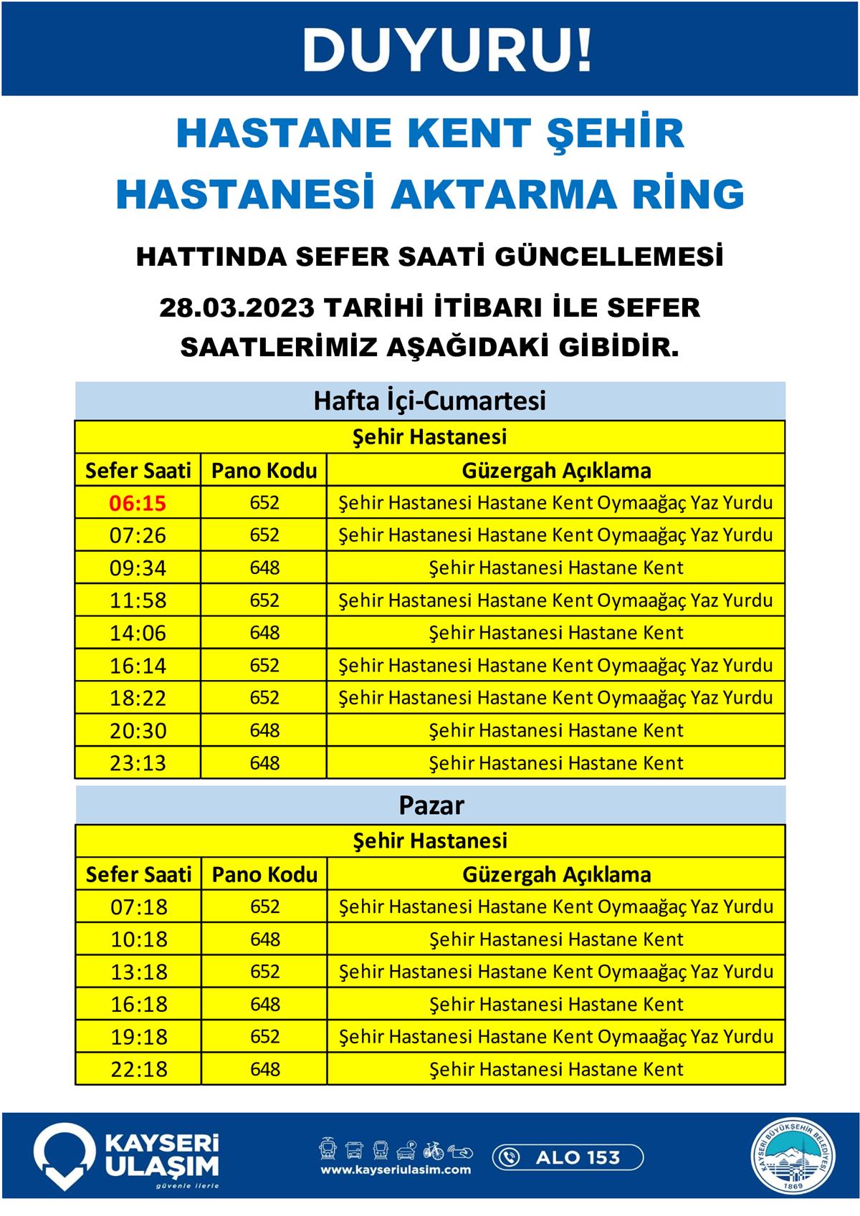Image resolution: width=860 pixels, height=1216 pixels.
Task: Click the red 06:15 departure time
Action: (x=138, y=503)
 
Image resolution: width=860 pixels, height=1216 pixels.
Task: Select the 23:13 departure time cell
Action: (x=138, y=763)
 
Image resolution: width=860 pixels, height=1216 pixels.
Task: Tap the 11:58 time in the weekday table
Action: (x=138, y=600)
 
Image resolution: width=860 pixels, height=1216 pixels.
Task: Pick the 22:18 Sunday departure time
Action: (x=138, y=1070)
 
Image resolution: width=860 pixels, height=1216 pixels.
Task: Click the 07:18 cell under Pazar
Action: (x=138, y=907)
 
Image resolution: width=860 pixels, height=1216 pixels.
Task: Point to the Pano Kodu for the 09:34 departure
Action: (x=264, y=568)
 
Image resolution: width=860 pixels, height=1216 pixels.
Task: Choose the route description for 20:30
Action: (x=555, y=731)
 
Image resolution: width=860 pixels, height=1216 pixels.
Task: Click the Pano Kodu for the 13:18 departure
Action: (x=264, y=972)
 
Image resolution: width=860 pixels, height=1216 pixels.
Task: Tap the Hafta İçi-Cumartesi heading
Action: (x=429, y=401)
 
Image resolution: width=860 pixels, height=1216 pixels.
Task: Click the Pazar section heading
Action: (x=431, y=805)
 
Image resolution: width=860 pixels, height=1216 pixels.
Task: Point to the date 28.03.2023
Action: (x=236, y=308)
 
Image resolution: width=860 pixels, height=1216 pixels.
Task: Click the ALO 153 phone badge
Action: (x=568, y=1157)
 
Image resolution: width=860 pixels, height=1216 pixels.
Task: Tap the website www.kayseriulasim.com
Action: (x=396, y=1170)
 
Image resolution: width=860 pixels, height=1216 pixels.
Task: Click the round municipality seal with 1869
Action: (x=793, y=1157)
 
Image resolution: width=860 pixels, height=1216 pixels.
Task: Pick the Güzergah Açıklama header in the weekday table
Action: (x=555, y=471)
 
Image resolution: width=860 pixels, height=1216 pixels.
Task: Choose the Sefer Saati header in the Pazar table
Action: (x=138, y=875)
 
